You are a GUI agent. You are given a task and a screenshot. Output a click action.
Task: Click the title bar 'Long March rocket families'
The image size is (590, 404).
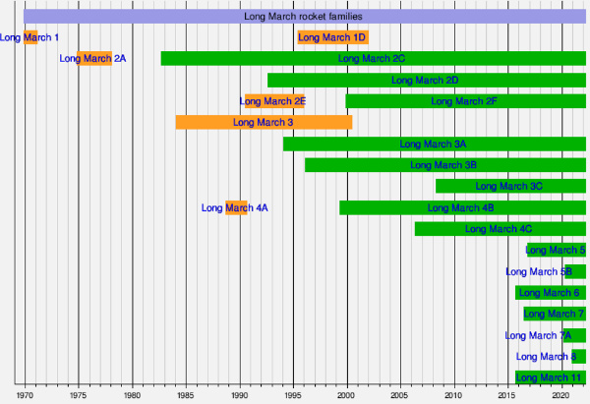(303, 17)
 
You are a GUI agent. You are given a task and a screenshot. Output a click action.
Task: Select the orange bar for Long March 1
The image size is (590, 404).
(30, 37)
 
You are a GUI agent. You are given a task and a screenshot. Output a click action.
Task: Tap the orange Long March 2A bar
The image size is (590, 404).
(94, 59)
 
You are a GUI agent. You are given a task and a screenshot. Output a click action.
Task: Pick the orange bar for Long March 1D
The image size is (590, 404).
(332, 37)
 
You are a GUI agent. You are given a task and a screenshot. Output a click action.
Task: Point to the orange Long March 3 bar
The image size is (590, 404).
(264, 123)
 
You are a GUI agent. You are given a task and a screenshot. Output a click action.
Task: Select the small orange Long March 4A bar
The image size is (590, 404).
(236, 207)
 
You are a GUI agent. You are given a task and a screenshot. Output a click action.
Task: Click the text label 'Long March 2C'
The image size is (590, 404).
(372, 59)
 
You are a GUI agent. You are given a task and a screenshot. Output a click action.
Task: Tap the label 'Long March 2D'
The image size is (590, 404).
(425, 80)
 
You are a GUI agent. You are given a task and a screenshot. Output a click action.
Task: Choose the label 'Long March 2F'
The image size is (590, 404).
(464, 101)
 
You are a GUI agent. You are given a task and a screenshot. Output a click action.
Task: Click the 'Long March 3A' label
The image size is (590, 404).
(434, 144)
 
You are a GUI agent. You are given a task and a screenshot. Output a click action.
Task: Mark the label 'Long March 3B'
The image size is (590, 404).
(443, 165)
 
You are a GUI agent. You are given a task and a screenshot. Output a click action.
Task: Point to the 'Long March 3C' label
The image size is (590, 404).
(508, 187)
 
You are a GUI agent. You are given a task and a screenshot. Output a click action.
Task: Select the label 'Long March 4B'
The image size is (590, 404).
(461, 207)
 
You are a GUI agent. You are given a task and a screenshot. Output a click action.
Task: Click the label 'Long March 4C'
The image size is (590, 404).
(499, 229)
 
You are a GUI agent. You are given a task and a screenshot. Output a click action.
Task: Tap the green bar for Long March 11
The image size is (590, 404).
(550, 377)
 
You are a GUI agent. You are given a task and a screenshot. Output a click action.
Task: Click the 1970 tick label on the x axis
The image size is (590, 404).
(25, 395)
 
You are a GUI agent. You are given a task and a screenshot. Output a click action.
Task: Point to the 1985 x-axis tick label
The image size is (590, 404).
(186, 395)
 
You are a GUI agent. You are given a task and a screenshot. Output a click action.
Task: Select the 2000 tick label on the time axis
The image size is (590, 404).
(346, 395)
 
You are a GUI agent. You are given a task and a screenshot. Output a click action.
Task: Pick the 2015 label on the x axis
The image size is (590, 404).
(506, 395)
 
